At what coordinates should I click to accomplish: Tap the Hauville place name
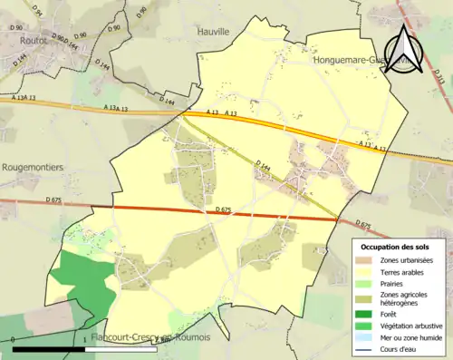(214, 31)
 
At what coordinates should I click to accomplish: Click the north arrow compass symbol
(405, 47)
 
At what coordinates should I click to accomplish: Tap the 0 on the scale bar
(14, 340)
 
